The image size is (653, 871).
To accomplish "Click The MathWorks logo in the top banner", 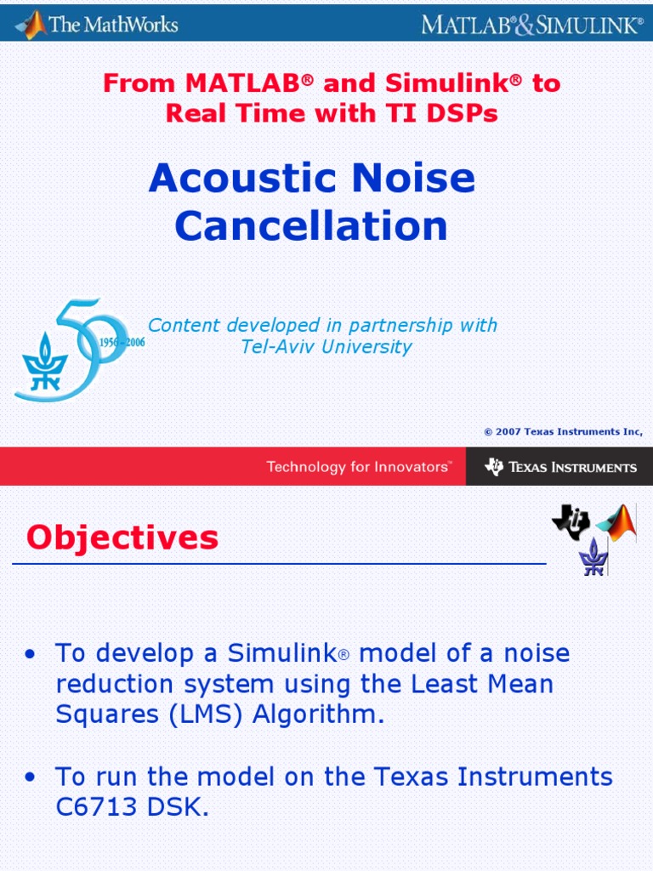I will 97,24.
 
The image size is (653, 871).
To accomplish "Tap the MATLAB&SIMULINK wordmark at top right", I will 531,25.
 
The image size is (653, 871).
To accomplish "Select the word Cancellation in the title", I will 311,226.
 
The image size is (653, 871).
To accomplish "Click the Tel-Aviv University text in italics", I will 326,347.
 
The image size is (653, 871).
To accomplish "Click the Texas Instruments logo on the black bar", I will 560,467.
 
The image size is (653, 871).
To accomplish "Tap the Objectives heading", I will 122,538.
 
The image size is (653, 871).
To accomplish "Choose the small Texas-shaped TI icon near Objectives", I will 571,521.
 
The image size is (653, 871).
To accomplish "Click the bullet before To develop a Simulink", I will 31,655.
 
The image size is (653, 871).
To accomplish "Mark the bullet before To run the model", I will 31,777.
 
